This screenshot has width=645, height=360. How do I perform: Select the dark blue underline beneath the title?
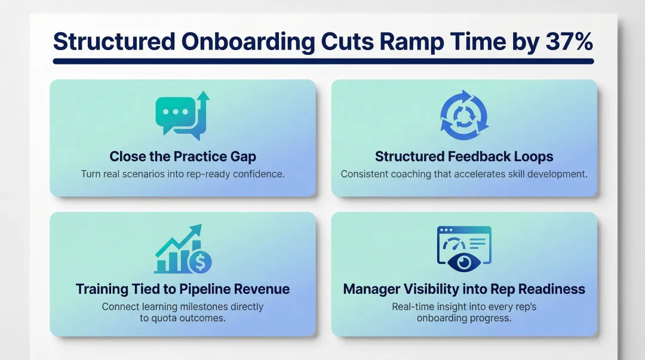[323, 61]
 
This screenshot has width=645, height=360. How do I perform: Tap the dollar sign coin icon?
[199, 261]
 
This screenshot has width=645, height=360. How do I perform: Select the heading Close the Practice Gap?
[183, 156]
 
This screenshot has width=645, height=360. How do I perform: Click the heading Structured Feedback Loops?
[464, 156]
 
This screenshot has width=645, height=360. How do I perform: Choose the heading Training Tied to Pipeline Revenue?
[183, 289]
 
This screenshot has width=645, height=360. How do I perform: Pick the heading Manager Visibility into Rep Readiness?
[464, 289]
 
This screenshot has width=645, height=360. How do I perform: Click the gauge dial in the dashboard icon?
[455, 244]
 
